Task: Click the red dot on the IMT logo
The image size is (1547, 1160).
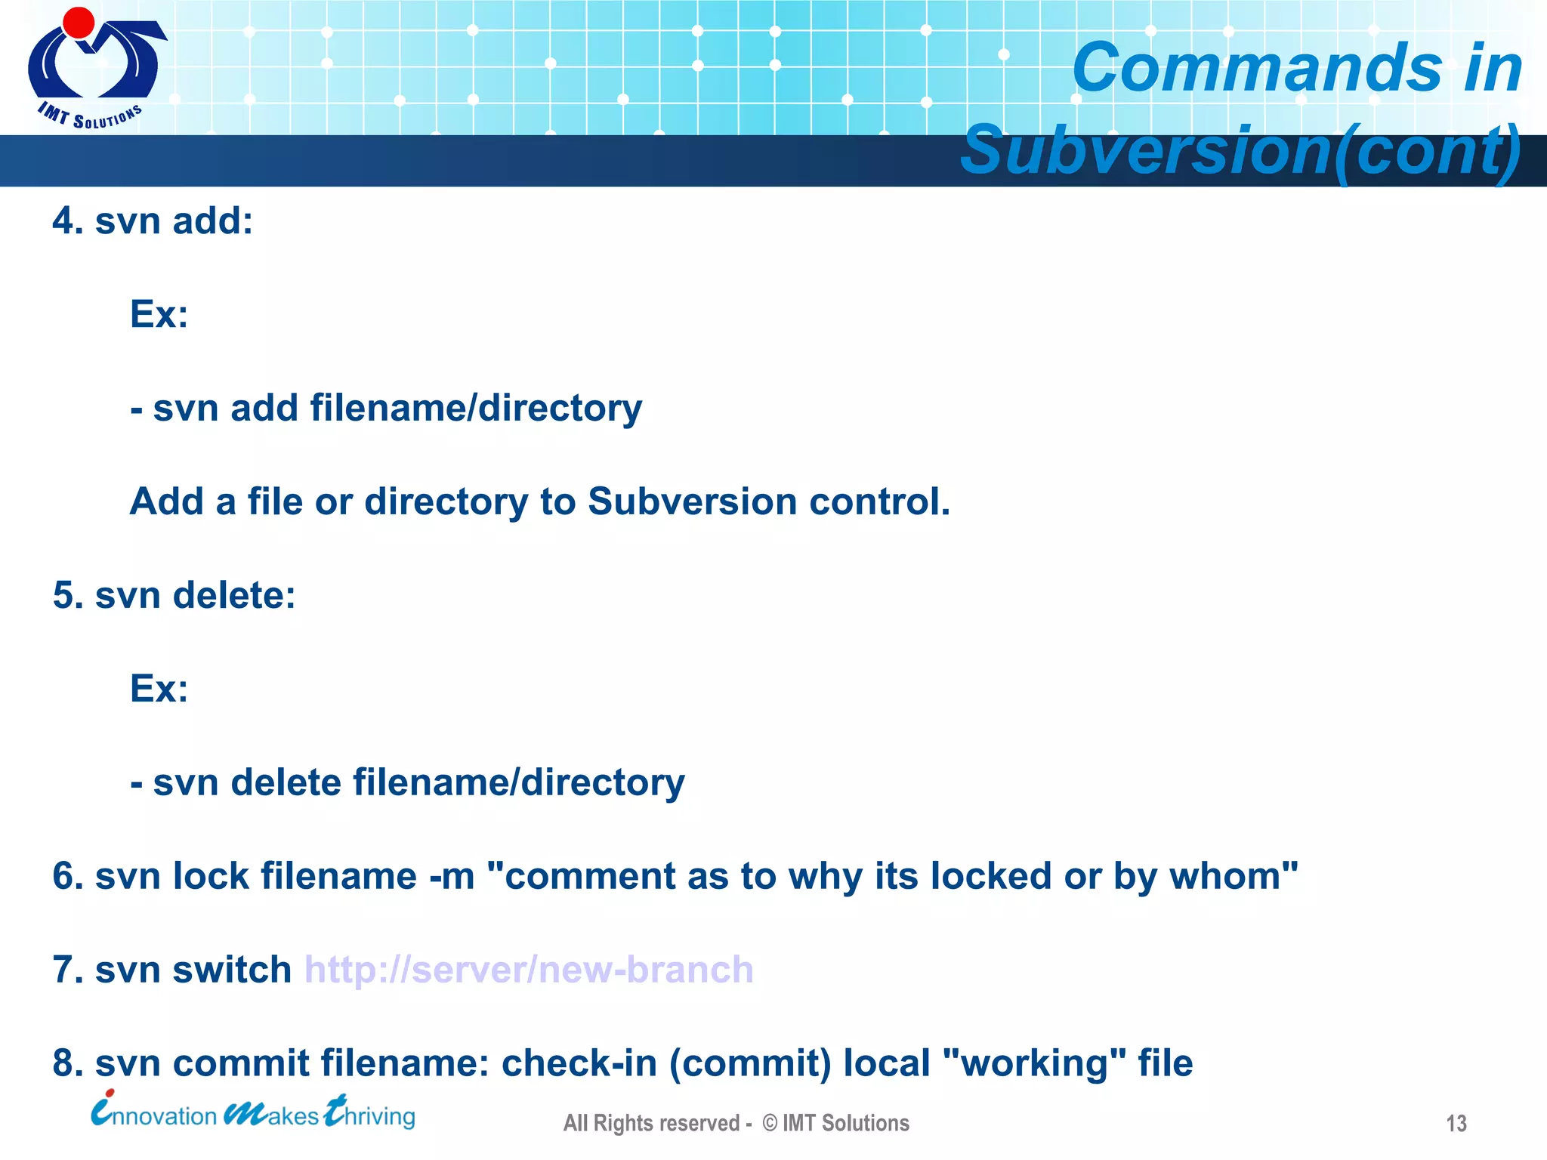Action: click(79, 23)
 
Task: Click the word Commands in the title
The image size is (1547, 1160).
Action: click(1258, 68)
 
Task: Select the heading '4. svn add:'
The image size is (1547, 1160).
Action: click(153, 221)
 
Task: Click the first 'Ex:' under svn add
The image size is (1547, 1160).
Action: click(159, 313)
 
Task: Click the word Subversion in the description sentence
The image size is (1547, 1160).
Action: click(692, 501)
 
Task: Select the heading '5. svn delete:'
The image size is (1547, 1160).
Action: click(174, 595)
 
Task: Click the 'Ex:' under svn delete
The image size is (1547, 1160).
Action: click(159, 688)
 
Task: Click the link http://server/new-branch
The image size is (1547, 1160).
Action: click(529, 970)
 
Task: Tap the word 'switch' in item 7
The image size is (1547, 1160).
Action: click(231, 970)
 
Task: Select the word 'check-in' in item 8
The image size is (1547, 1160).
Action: click(579, 1063)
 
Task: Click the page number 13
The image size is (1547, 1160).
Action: click(1456, 1124)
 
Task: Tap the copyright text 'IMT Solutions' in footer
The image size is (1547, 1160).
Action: click(845, 1124)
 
